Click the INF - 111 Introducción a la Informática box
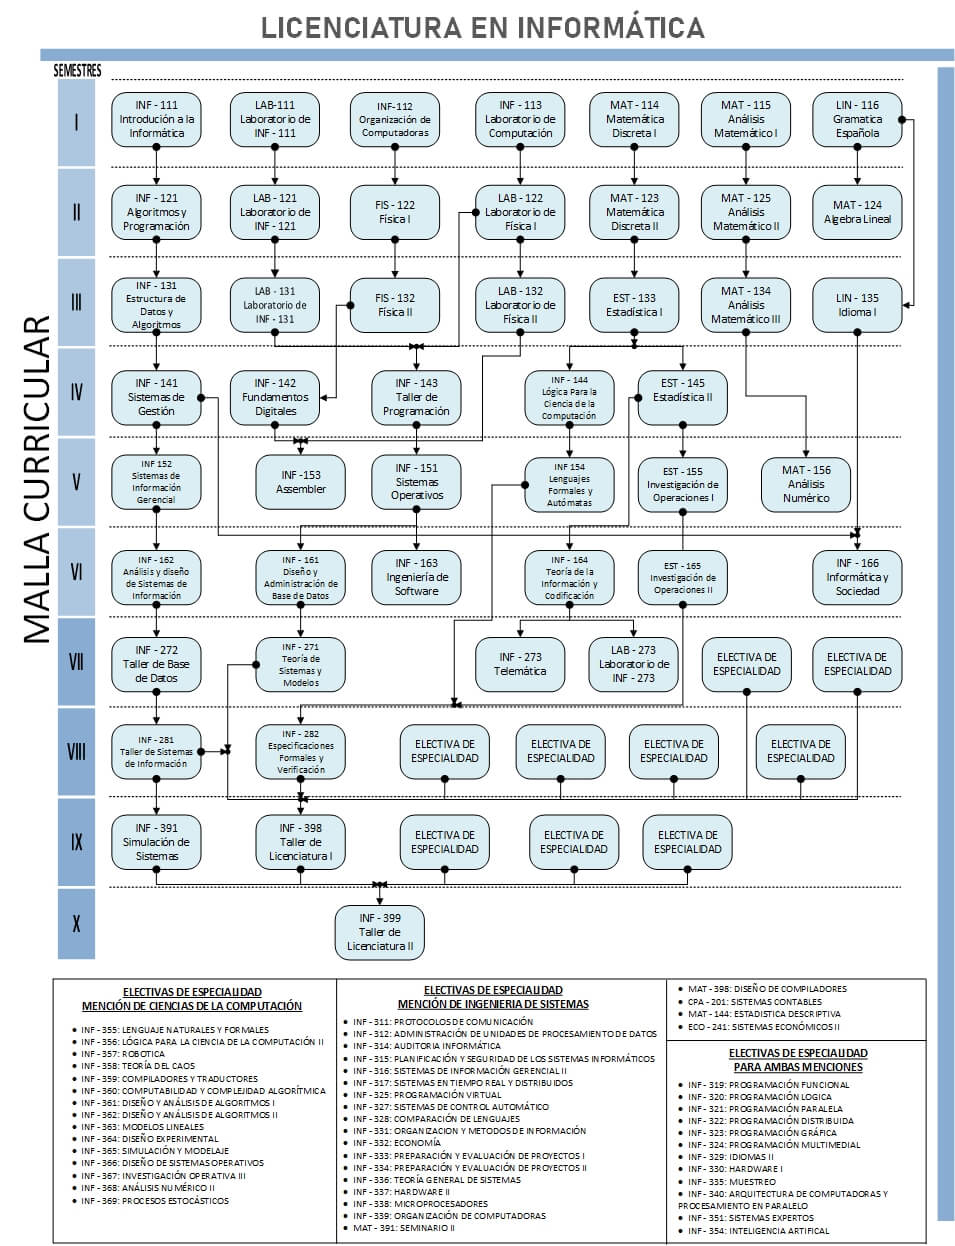pyautogui.click(x=156, y=119)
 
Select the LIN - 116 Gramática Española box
pyautogui.click(x=857, y=119)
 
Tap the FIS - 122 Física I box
pyautogui.click(x=395, y=212)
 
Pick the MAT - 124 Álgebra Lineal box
pyautogui.click(x=857, y=212)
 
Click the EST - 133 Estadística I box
pyautogui.click(x=634, y=305)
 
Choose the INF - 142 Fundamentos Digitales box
pyautogui.click(x=275, y=397)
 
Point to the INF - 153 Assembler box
pyautogui.click(x=301, y=482)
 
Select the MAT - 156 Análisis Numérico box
pyautogui.click(x=806, y=483)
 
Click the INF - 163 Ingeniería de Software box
pyautogui.click(x=416, y=577)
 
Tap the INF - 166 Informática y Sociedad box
pyautogui.click(x=857, y=577)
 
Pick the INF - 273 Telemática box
pyautogui.click(x=520, y=664)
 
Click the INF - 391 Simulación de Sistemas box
pyautogui.click(x=156, y=842)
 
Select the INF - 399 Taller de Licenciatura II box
pyautogui.click(x=379, y=931)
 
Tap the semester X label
pyautogui.click(x=76, y=923)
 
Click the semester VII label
pyautogui.click(x=76, y=661)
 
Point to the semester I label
pyautogui.click(x=76, y=123)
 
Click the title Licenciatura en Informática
pyautogui.click(x=482, y=27)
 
